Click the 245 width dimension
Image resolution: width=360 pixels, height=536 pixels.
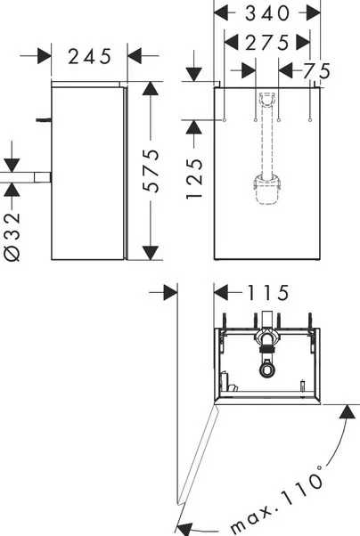(x=90, y=56)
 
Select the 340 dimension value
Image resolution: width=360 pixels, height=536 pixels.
(x=267, y=13)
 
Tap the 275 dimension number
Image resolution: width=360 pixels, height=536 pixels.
(x=267, y=43)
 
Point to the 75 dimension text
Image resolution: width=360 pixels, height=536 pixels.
(x=317, y=71)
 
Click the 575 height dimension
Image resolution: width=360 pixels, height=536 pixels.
(x=151, y=171)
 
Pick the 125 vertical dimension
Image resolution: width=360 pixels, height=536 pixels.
(x=194, y=178)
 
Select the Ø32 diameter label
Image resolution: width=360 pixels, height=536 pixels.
(x=12, y=237)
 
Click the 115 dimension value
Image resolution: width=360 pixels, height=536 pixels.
(x=268, y=293)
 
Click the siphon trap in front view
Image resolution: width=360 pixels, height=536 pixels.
(x=267, y=190)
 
